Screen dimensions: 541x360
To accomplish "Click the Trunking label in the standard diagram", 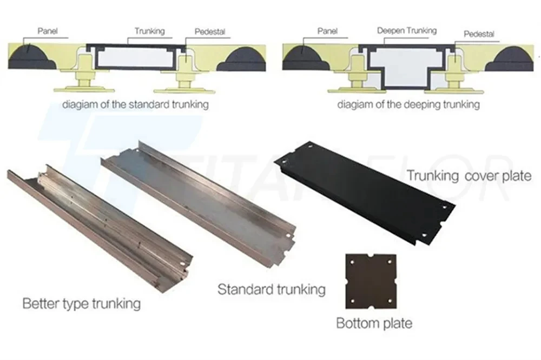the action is coord(149,31).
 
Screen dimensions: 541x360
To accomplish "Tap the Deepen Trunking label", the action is coord(407,31).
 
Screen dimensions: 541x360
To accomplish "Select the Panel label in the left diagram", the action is coord(48,31).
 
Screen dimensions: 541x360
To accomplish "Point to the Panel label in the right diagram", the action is coord(327,31).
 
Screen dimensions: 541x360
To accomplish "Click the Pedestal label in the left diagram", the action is coord(210,32).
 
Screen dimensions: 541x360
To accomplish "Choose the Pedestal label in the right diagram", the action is coord(479,34).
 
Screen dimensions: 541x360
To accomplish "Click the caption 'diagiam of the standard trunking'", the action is coord(135,104).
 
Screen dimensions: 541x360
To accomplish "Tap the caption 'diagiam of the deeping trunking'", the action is coord(408,104).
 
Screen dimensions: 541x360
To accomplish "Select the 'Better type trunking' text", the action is coord(82,304).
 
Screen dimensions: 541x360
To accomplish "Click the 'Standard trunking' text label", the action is coord(272,289).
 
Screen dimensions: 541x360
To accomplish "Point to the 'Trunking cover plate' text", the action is coord(469,176).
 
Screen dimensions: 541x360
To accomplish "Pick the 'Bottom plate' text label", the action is coord(374,323).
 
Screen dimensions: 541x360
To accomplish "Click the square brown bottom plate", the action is coord(371,282).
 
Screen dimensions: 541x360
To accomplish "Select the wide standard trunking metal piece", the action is coord(199,200).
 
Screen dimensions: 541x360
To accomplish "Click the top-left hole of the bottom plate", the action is coord(352,262).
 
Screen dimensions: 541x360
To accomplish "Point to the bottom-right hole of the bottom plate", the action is coord(390,301).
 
